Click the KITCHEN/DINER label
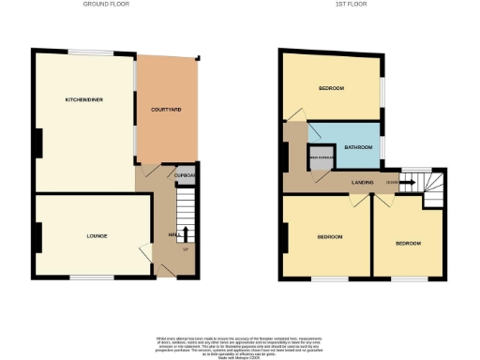click(x=77, y=99)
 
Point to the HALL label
click(x=173, y=234)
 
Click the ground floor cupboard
click(x=184, y=175)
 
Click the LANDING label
click(x=363, y=182)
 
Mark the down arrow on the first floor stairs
click(x=408, y=182)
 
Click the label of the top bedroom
click(x=330, y=89)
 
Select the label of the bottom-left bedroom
click(x=329, y=237)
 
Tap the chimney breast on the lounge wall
click(x=37, y=237)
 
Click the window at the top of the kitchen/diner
click(x=85, y=51)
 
